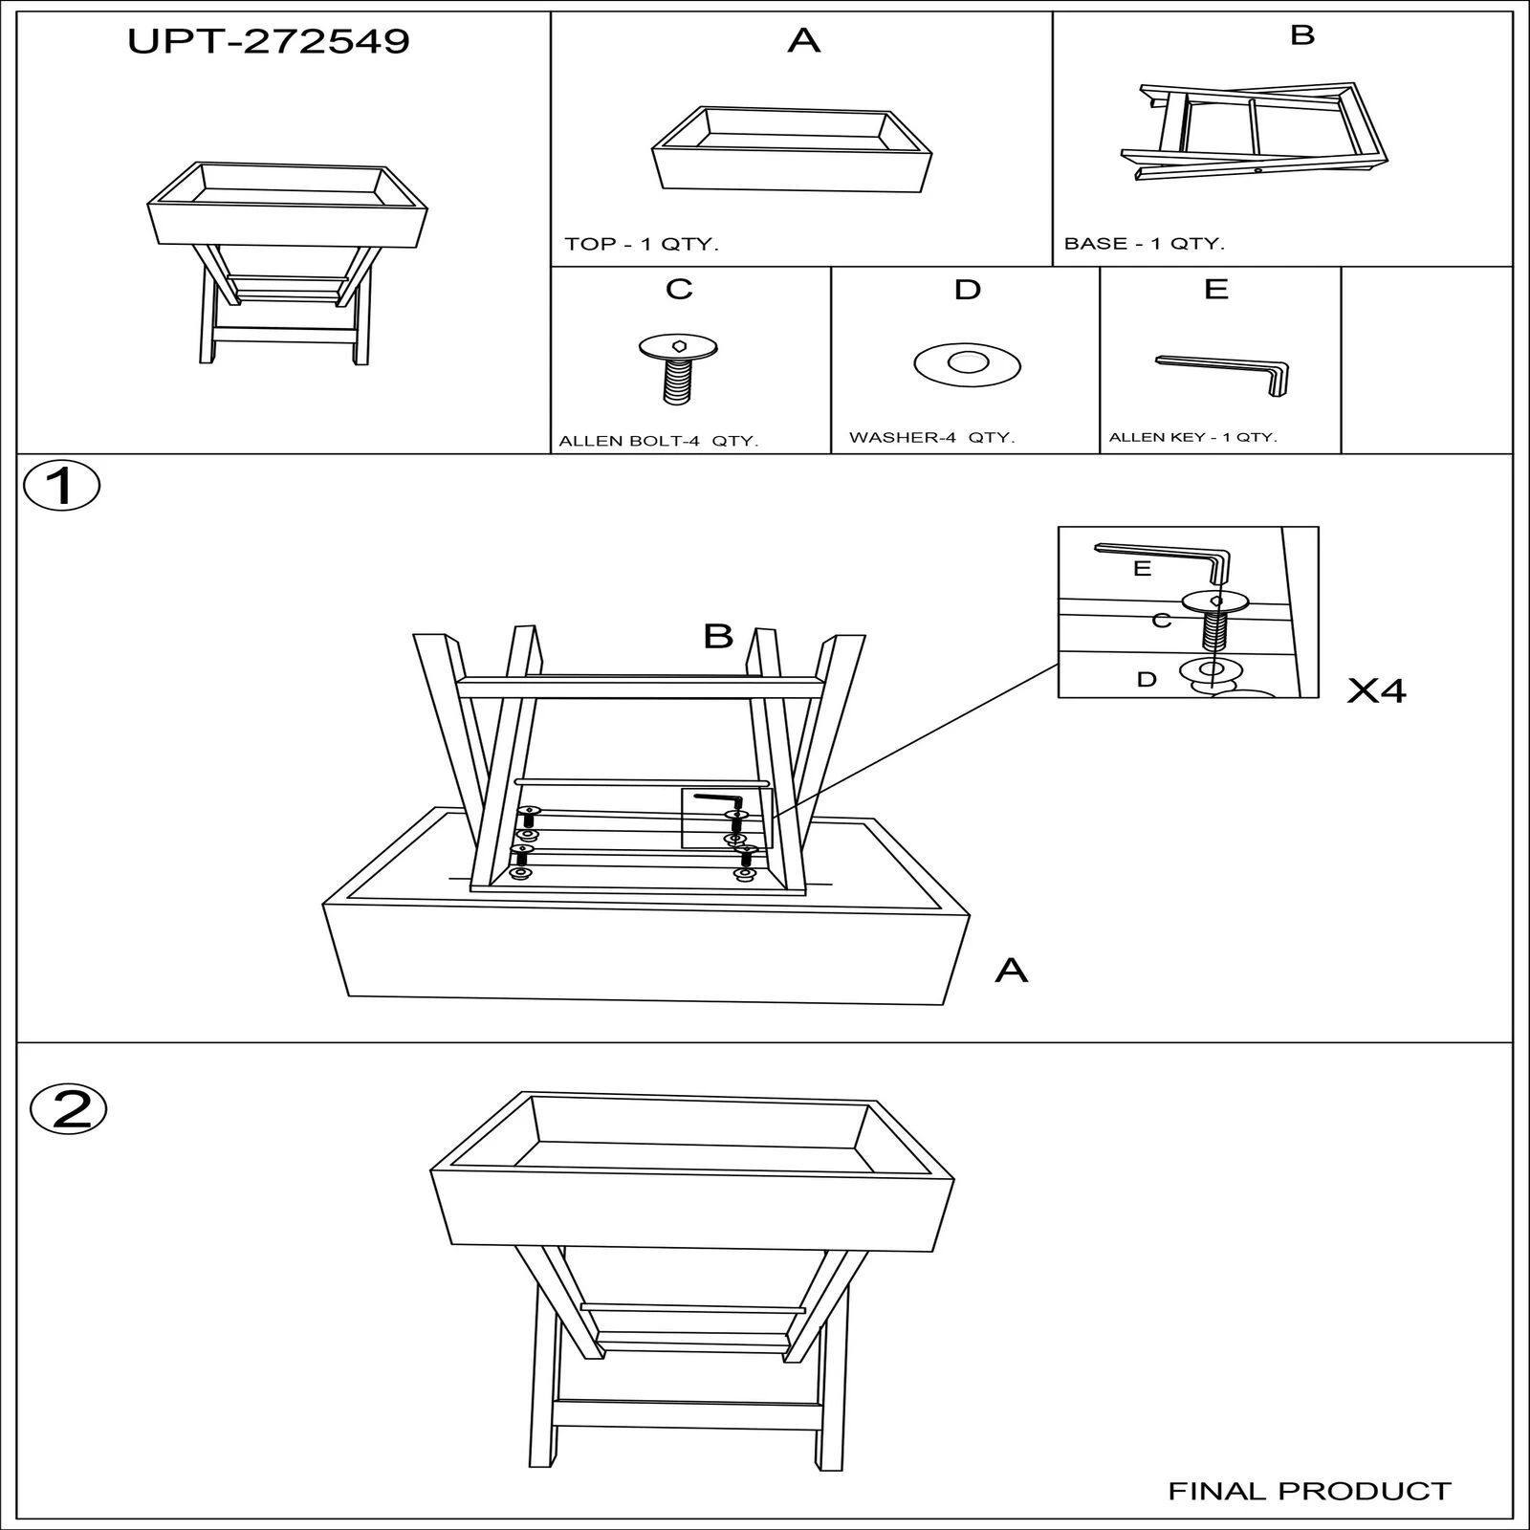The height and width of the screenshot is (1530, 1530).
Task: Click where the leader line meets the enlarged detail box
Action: (1059, 666)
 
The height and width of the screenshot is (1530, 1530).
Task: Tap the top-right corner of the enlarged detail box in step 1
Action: (1319, 527)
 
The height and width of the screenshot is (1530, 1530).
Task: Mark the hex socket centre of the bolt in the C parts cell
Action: (678, 346)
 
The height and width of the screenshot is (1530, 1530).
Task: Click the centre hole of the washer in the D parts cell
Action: (967, 363)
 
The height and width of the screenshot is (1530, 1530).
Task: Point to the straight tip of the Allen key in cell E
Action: (1158, 360)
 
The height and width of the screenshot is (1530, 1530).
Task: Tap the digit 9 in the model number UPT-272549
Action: (395, 41)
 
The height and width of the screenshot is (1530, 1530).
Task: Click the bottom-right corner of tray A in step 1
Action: (944, 1005)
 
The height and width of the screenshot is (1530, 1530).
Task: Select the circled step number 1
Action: (61, 486)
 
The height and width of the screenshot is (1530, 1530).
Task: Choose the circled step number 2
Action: (68, 1109)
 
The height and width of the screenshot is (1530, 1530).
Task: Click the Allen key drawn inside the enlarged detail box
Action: (1162, 561)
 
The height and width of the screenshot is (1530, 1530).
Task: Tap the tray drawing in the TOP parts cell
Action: (791, 150)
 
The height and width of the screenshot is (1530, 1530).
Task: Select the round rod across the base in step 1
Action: (642, 782)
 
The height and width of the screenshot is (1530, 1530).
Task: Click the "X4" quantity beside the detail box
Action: (1377, 690)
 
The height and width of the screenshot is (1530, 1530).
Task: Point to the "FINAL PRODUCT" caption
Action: (1310, 1491)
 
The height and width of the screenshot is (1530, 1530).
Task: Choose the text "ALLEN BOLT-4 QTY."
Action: (658, 441)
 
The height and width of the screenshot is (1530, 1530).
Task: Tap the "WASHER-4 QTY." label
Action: (932, 438)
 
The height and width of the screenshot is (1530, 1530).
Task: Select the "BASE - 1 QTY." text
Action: (1145, 243)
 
